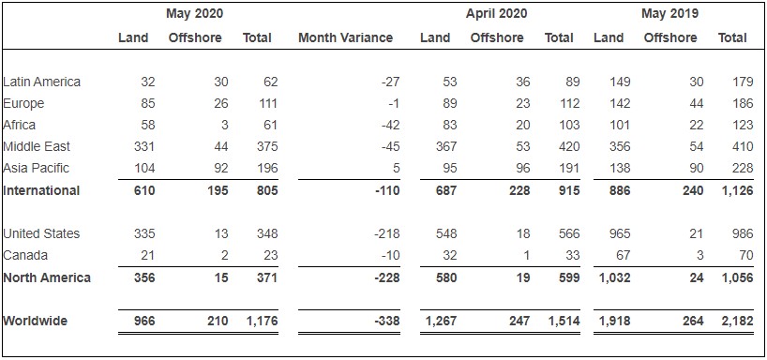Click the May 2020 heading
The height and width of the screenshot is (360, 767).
194,13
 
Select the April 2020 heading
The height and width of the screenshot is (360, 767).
496,13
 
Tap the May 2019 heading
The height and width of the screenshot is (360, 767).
669,13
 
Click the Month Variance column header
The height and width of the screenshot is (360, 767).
345,37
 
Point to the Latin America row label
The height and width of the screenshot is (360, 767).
42,82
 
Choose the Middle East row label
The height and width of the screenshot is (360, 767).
37,146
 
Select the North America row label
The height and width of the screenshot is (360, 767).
46,277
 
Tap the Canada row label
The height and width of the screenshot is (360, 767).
25,255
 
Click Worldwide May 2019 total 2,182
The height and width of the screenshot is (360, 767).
732,321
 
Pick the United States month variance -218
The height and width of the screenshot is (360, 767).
385,233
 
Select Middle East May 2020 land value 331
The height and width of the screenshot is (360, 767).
143,146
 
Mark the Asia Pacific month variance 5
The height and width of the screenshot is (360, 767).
397,168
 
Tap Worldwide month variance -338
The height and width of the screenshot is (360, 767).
385,321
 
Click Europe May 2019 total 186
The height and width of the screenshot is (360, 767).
735,103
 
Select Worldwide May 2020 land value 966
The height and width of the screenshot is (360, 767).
143,321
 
